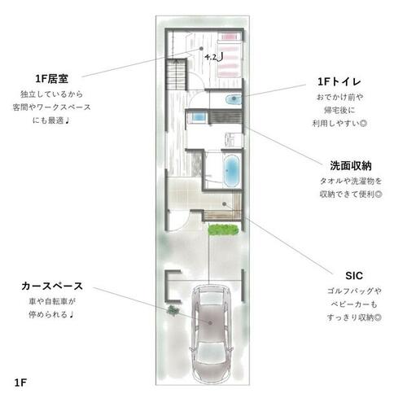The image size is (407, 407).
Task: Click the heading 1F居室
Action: pos(51,79)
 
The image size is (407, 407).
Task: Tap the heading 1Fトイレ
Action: pos(339,81)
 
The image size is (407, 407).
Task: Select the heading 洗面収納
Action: pos(351,166)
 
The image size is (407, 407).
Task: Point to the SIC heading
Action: pos(354,276)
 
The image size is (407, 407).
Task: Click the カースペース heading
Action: pos(52,286)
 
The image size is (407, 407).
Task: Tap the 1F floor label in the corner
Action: pos(20,383)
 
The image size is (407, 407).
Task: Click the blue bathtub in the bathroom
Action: pos(232,171)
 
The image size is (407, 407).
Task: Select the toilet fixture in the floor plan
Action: pos(233,99)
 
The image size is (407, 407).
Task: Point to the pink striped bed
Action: pos(229,55)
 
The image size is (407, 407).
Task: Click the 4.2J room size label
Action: pos(214,57)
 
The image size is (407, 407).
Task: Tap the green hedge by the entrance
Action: pos(223,230)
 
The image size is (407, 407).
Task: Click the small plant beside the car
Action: pos(173,310)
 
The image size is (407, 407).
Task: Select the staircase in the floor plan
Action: pos(177,75)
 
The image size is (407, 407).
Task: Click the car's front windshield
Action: pos(211,297)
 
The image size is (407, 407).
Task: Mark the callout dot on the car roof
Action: pos(210,323)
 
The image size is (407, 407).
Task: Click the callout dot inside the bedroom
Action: pos(201,49)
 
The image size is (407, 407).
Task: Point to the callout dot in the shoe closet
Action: pos(225,203)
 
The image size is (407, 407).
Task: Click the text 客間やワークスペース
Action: pos(51,107)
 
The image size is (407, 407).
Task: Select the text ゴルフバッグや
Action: pos(354,291)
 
